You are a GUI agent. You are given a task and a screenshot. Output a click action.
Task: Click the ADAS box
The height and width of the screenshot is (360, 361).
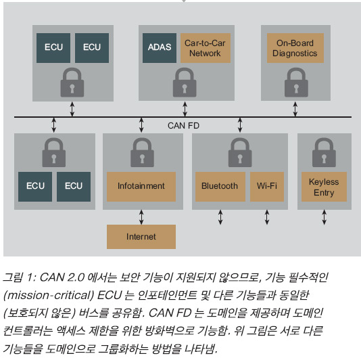[x=160, y=48]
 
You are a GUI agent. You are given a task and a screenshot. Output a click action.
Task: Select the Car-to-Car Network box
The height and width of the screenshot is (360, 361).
[x=206, y=48]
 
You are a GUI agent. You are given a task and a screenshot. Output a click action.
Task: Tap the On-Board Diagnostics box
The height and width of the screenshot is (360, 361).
[x=295, y=48]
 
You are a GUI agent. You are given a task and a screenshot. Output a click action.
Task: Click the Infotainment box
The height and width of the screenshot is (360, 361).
[x=141, y=187]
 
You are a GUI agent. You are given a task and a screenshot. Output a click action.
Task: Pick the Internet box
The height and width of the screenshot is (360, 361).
[x=141, y=237]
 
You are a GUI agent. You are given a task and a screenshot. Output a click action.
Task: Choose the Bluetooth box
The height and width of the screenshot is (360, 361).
[x=220, y=187]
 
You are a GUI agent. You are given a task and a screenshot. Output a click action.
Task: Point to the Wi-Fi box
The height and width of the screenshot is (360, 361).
[x=267, y=187]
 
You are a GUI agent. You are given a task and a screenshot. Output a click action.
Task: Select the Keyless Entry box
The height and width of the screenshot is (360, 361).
[x=324, y=187]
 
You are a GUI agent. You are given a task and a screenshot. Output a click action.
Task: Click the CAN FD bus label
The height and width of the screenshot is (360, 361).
[x=183, y=126]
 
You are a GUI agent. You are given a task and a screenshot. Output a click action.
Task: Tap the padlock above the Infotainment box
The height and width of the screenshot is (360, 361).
[x=142, y=152]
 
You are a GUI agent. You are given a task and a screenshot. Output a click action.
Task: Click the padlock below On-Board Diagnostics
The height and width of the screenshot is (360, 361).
[x=296, y=83]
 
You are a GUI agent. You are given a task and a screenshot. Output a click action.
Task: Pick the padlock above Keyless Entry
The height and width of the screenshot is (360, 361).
[x=324, y=152]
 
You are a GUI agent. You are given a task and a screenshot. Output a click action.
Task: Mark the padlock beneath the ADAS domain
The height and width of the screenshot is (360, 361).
[x=185, y=83]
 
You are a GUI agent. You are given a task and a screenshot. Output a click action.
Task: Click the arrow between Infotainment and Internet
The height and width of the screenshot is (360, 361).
[x=141, y=217]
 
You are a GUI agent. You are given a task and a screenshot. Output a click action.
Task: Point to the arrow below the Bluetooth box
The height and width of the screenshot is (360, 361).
[x=220, y=217]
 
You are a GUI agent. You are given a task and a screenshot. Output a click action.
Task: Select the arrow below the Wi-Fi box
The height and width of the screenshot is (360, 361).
[x=267, y=217]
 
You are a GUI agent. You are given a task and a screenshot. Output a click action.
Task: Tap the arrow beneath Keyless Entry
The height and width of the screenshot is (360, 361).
[x=324, y=217]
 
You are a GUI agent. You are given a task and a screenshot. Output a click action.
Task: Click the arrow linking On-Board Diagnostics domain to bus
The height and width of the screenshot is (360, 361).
[x=295, y=109]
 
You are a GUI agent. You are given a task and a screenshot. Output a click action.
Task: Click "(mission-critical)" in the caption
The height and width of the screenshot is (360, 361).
[x=49, y=295]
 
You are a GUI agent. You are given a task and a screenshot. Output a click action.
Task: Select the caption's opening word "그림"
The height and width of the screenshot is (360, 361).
[x=13, y=277]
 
